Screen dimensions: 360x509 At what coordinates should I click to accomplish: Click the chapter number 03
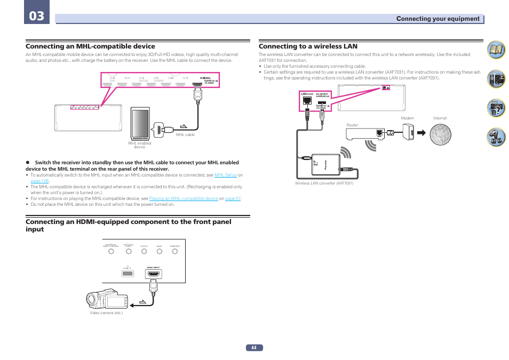click(37, 15)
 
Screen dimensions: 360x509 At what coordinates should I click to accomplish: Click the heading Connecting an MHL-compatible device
click(91, 46)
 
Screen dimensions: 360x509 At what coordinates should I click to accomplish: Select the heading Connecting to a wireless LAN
click(308, 46)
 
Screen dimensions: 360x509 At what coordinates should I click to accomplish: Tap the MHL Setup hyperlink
click(225, 175)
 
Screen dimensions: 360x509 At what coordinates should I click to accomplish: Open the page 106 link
click(39, 181)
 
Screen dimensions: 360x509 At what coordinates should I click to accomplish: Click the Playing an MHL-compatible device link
click(184, 198)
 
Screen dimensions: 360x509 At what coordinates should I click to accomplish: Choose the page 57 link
click(233, 198)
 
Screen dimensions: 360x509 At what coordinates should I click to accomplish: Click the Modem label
click(407, 118)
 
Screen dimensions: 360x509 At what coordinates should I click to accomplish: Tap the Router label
click(352, 125)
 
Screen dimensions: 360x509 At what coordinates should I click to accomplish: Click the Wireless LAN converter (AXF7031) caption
click(324, 183)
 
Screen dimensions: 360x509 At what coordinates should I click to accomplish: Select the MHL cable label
click(185, 135)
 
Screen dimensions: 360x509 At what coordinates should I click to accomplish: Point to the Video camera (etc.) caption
click(106, 313)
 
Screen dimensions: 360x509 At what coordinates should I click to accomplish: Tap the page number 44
click(254, 348)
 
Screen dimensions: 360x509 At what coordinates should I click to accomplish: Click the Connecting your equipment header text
click(438, 19)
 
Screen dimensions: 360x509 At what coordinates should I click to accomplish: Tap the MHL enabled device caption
click(140, 145)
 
